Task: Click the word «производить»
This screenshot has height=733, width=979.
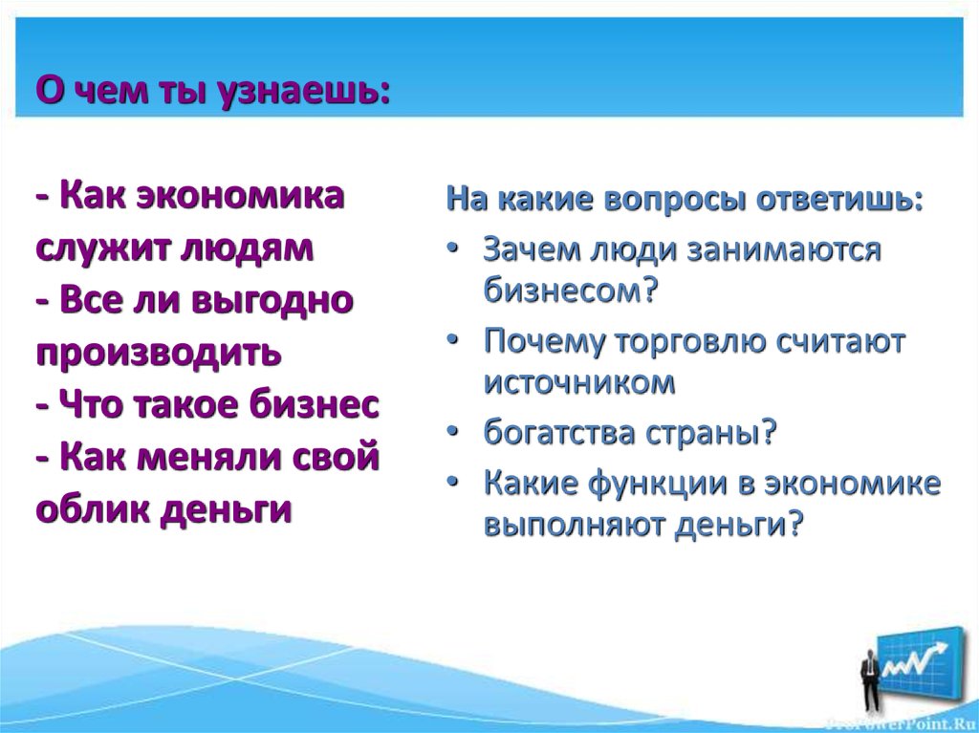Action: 159,353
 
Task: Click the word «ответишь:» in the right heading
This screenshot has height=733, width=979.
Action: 840,202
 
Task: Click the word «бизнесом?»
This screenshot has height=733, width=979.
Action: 572,290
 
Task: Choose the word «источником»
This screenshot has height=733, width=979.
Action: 579,382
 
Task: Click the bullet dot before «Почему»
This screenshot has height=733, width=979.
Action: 454,342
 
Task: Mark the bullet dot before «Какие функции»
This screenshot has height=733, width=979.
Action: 454,484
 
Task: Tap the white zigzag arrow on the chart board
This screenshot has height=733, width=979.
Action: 919,658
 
